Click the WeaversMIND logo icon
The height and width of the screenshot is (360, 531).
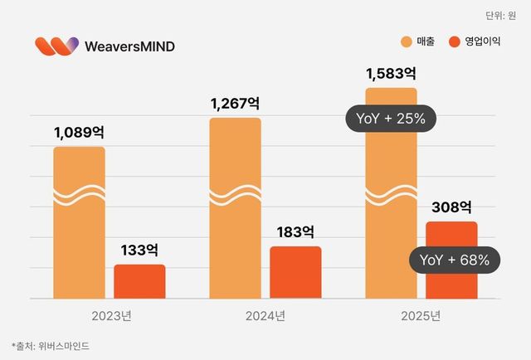point(57,46)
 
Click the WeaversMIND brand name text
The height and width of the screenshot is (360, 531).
point(130,46)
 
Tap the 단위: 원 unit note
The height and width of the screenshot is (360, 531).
point(499,15)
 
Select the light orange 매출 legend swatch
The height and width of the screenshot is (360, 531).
point(406,42)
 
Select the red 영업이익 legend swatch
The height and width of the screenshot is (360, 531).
point(453,42)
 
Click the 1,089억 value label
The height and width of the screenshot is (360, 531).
point(79,132)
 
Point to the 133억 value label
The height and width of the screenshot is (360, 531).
point(139,249)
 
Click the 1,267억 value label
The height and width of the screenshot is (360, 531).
point(235,103)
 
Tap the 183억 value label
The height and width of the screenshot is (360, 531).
point(295,231)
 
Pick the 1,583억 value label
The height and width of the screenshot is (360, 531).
point(391,73)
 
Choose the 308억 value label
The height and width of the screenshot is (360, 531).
point(451,207)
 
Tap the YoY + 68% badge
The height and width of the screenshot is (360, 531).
point(455,260)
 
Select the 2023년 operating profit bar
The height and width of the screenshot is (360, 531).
point(139,282)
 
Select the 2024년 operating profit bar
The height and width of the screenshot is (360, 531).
point(295,273)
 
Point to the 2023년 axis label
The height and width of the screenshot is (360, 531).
point(110,315)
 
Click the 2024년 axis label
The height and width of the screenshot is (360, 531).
point(265,315)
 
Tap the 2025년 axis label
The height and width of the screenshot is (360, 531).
point(421,315)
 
